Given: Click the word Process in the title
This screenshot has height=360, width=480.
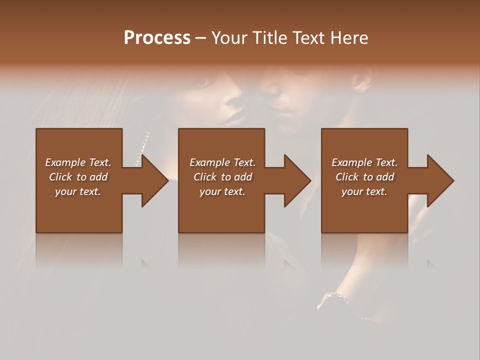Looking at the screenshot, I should click(x=157, y=38).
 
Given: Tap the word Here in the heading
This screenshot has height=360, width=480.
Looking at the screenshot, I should click(x=348, y=38).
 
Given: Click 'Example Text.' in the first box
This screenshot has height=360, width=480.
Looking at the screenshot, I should click(x=78, y=162).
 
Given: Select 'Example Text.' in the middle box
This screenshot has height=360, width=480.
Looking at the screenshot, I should click(x=222, y=162).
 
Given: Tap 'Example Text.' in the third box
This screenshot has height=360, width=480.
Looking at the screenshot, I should click(x=364, y=162).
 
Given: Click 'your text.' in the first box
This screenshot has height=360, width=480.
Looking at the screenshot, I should click(x=78, y=191).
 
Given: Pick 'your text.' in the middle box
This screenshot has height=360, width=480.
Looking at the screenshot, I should click(x=222, y=191).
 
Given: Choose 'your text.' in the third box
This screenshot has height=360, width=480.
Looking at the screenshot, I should click(x=364, y=191).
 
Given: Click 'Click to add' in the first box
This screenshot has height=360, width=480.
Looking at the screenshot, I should click(x=78, y=177).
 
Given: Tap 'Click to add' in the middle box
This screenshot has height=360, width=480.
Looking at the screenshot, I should click(x=222, y=177).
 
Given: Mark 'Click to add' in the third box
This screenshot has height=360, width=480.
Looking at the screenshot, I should click(x=364, y=177).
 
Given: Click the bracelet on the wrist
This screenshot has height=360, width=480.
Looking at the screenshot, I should click(x=340, y=300).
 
